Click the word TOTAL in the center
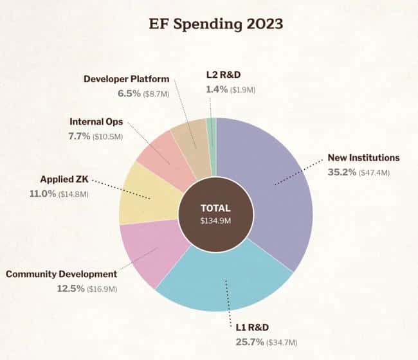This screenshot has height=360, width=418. (215, 208)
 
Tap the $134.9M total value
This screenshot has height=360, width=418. (215, 221)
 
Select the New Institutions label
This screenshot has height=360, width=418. (363, 157)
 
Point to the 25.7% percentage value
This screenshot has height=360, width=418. (248, 342)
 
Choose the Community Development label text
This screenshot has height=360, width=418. (61, 274)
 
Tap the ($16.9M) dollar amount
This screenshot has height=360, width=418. (102, 289)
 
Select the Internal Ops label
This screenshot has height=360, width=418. (96, 122)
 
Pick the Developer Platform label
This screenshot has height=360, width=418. (127, 79)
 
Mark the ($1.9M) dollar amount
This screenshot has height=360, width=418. (242, 90)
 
